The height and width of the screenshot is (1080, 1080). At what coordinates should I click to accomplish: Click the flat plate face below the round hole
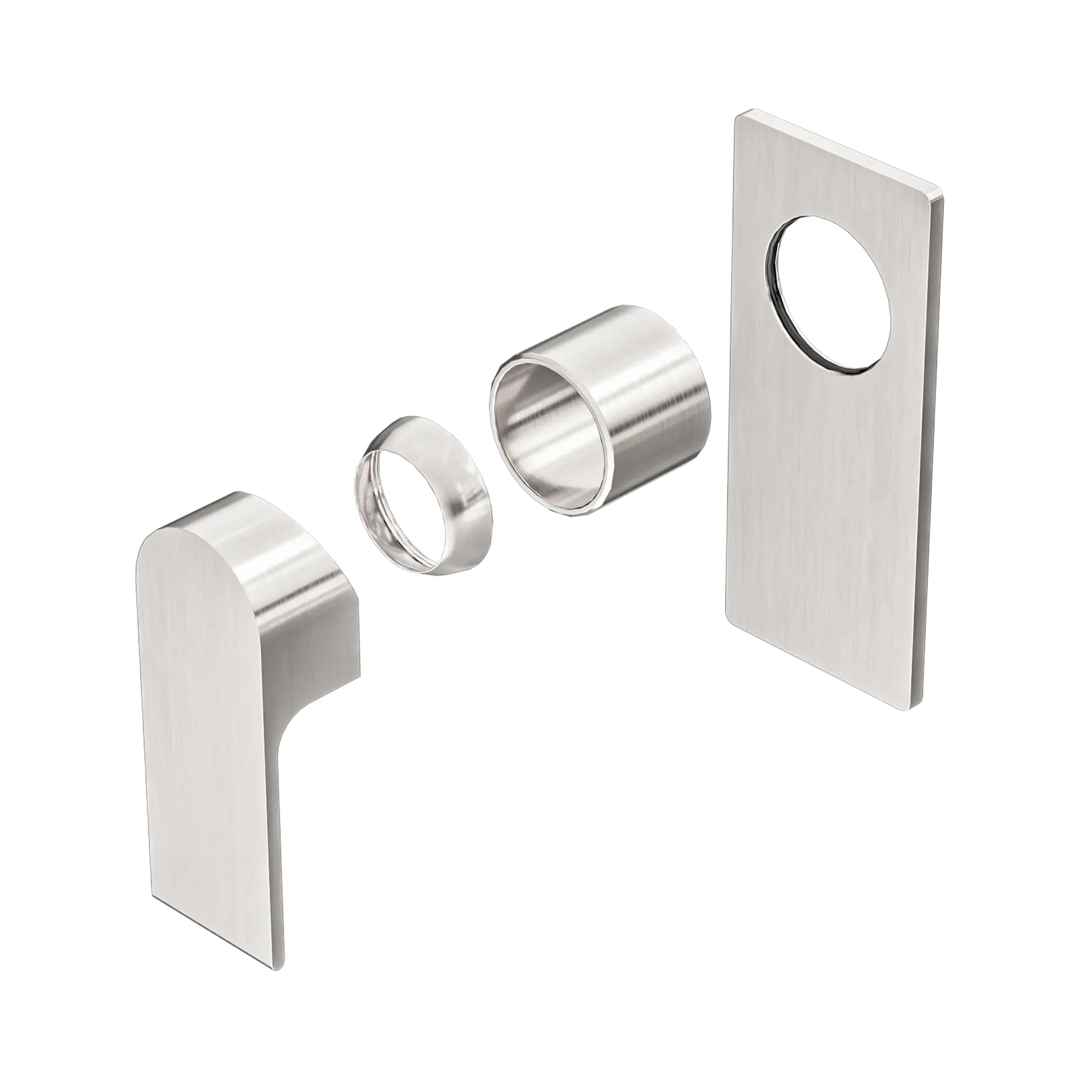click(827, 503)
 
